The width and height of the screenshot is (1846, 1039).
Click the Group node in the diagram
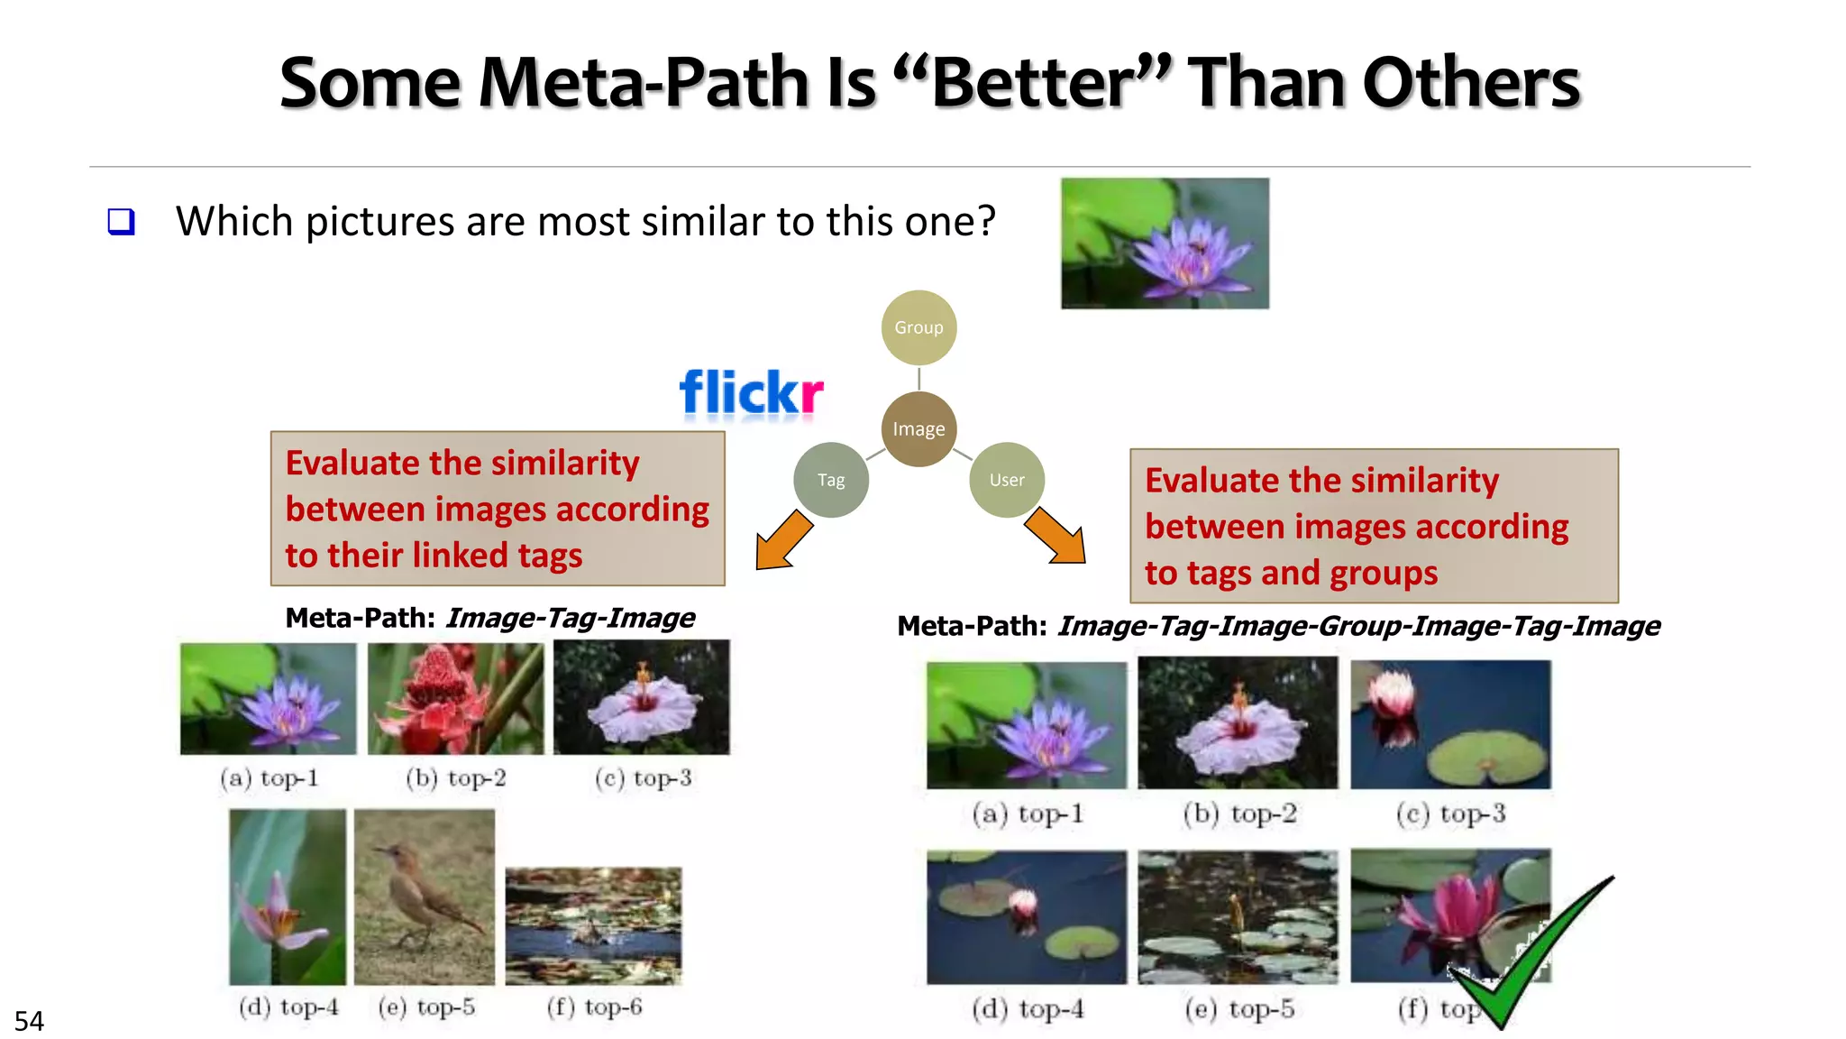point(918,327)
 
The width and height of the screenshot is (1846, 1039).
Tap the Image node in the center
point(918,429)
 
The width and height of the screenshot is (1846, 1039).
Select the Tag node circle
point(830,480)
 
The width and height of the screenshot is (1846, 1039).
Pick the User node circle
point(1006,480)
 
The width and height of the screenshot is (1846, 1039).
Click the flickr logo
point(750,394)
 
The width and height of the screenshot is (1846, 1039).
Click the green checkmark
point(1532,956)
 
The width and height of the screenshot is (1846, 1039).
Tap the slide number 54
point(29,1021)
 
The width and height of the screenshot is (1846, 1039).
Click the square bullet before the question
point(121,222)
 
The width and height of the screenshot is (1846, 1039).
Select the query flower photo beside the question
point(1165,244)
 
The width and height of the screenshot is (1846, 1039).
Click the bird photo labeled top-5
point(424,896)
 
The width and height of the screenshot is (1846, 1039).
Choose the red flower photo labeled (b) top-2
point(455,698)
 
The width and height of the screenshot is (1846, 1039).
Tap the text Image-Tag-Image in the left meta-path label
point(570,618)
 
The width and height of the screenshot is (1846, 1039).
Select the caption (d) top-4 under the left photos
point(288,1007)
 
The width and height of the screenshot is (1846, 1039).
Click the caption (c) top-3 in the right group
point(1450,814)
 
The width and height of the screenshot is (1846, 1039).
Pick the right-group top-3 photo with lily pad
point(1450,724)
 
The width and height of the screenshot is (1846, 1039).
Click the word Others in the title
point(1471,83)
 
